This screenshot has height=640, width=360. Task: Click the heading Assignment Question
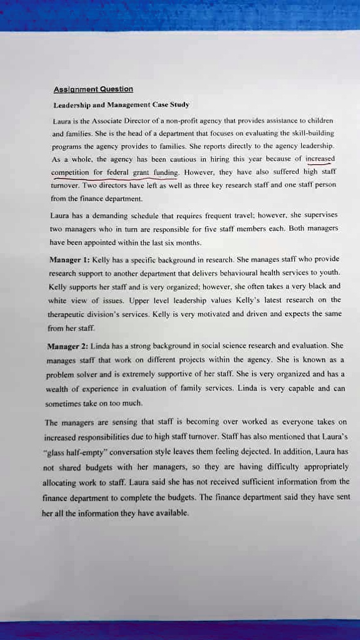(92, 89)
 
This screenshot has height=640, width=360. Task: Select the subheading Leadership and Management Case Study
(121, 104)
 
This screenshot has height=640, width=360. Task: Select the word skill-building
(312, 133)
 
